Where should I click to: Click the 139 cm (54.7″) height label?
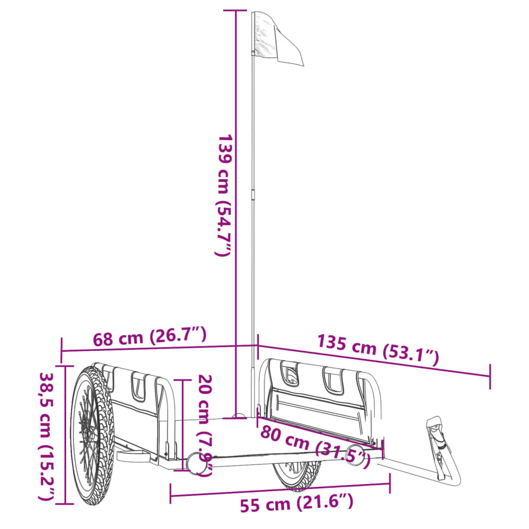coord(224,196)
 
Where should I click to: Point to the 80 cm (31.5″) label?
coord(314,443)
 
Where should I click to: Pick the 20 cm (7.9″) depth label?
coord(205,423)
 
